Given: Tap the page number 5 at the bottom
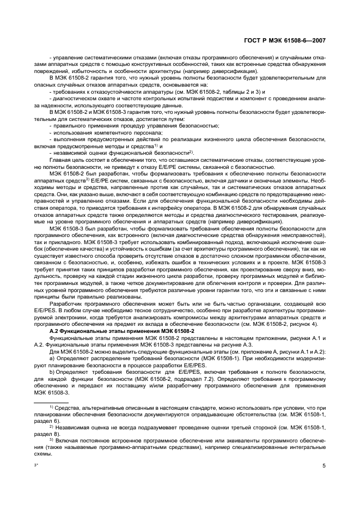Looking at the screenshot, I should click(x=324, y=466).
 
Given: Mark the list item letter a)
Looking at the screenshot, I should click(x=52, y=359).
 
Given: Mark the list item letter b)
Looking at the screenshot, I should click(x=52, y=373).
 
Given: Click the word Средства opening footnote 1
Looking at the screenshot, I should click(x=65, y=408).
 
